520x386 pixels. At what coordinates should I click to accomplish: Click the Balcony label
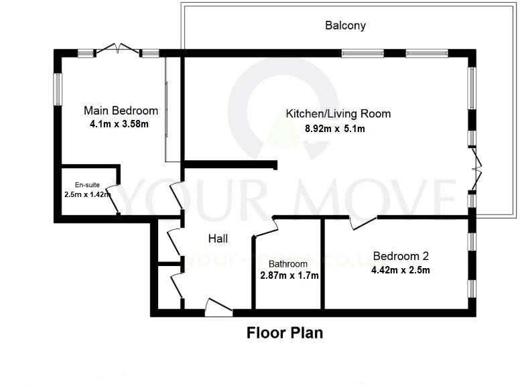tap(345, 26)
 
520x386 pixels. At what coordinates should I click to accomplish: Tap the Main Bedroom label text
tap(121, 111)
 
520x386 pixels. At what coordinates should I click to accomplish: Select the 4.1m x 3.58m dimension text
tap(119, 124)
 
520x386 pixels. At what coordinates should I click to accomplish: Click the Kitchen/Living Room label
tap(338, 114)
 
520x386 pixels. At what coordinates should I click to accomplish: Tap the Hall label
tap(218, 239)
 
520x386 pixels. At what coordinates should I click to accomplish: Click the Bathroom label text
tap(288, 264)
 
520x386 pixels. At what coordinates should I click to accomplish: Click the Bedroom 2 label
tap(401, 256)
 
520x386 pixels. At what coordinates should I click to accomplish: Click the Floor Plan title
tap(285, 332)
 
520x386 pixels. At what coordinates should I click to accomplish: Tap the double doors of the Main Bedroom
tap(117, 49)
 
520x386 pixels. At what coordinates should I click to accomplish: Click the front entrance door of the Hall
tap(218, 308)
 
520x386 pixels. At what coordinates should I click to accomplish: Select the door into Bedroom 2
tap(363, 222)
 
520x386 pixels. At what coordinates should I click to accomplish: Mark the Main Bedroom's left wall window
tap(58, 89)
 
